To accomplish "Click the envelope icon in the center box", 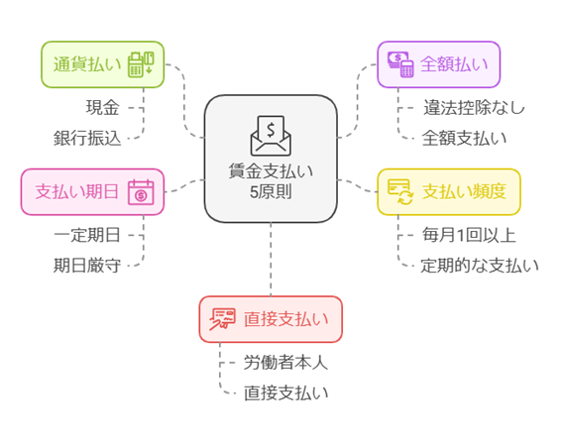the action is pyautogui.click(x=271, y=136).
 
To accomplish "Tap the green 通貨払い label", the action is pyautogui.click(x=87, y=64).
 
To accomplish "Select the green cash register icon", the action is pyautogui.click(x=141, y=64).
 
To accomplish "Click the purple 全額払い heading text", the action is pyautogui.click(x=454, y=64).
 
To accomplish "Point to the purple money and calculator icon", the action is pyautogui.click(x=400, y=64).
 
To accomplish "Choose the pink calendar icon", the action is pyautogui.click(x=141, y=192).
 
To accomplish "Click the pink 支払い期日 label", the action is pyautogui.click(x=76, y=191).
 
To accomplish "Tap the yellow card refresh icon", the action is pyautogui.click(x=400, y=192).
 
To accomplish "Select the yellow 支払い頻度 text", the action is pyautogui.click(x=464, y=191).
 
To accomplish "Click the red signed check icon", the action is pyautogui.click(x=222, y=319).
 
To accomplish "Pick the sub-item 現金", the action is pyautogui.click(x=102, y=107).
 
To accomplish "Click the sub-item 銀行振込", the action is pyautogui.click(x=87, y=139).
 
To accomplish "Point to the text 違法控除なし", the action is pyautogui.click(x=474, y=107).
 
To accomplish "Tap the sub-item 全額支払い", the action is pyautogui.click(x=464, y=139).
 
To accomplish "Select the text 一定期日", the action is pyautogui.click(x=87, y=236).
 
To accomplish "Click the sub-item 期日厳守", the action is pyautogui.click(x=87, y=266).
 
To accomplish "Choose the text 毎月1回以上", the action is pyautogui.click(x=469, y=236).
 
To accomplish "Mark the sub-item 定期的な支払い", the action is pyautogui.click(x=480, y=266).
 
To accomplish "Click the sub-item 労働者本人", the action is pyautogui.click(x=286, y=363).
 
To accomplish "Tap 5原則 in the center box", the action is pyautogui.click(x=271, y=192).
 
